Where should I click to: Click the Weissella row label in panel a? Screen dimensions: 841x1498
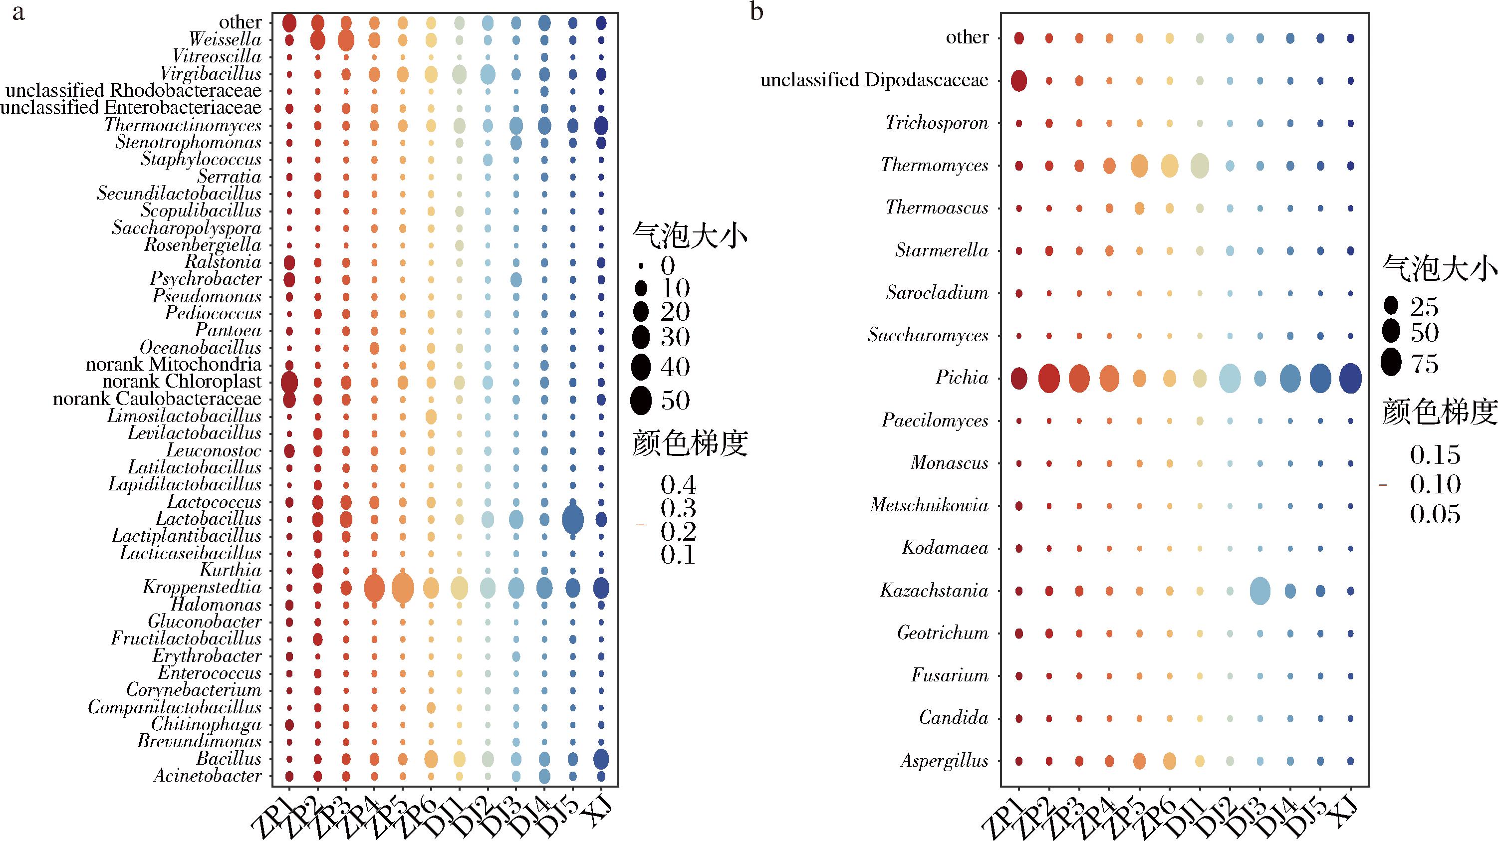[225, 39]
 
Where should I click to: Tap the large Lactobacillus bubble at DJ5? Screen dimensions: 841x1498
[573, 519]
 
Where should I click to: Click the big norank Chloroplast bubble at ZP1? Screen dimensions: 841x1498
[289, 383]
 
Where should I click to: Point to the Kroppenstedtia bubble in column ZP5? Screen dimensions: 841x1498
[402, 589]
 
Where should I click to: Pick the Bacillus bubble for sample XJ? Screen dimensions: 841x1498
[601, 759]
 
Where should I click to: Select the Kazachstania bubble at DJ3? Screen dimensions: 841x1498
[1259, 592]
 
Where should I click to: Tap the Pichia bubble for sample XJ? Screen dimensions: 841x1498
[1350, 379]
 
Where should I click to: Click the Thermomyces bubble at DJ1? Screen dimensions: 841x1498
[1199, 166]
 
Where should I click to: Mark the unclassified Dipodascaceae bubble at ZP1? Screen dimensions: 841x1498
[1019, 81]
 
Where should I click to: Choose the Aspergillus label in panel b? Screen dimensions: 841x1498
[945, 761]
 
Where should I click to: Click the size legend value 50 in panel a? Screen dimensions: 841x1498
[675, 401]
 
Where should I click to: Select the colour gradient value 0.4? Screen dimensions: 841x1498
[678, 485]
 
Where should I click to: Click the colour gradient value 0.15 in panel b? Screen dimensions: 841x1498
[1435, 455]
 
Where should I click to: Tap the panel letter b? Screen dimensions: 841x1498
[756, 11]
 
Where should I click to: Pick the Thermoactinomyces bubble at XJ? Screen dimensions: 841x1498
[601, 126]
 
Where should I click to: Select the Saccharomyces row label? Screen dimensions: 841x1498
[928, 335]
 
